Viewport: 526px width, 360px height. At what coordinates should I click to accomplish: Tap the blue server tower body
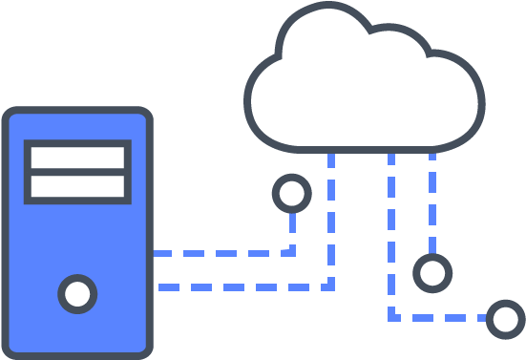tap(76, 239)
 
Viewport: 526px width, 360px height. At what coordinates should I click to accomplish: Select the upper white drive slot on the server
tap(77, 157)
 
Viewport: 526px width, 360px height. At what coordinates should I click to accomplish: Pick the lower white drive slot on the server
tap(77, 185)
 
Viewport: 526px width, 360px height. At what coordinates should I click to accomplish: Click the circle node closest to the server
tap(291, 194)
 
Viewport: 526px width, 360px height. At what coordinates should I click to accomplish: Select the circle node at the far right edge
tap(505, 319)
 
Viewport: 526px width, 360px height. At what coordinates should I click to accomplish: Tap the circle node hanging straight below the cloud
tap(432, 273)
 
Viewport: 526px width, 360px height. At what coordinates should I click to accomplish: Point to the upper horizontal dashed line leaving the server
tap(220, 254)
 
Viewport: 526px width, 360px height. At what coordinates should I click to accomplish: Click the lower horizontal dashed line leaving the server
tap(239, 286)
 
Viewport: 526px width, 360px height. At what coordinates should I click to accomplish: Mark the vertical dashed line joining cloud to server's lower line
tap(331, 220)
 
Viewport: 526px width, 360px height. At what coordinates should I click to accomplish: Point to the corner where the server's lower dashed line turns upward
tap(331, 286)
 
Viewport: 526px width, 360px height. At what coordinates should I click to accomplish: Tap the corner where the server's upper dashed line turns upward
tap(292, 253)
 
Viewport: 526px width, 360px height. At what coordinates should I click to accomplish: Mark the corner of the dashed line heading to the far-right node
tap(391, 317)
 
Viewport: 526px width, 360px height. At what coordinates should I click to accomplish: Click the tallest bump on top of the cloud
tap(325, 10)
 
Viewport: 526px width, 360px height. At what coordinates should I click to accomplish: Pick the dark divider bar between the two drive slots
tap(77, 172)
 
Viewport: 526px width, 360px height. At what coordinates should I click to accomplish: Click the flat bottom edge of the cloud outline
tap(363, 148)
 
